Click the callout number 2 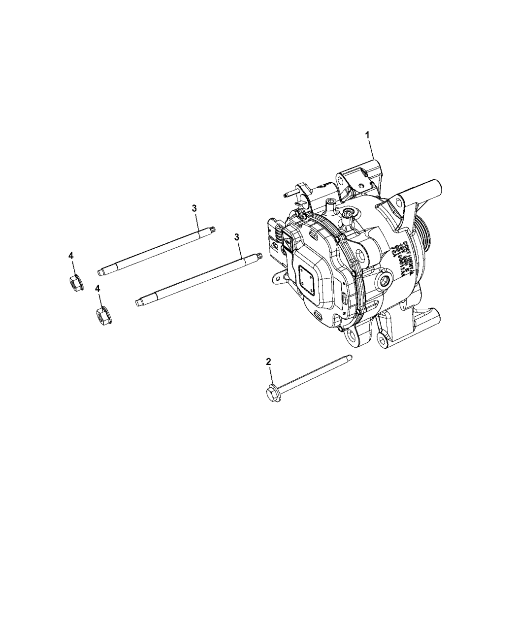(x=268, y=362)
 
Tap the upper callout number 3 (x=194, y=208)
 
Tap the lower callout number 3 (x=237, y=237)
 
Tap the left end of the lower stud (x=139, y=303)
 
